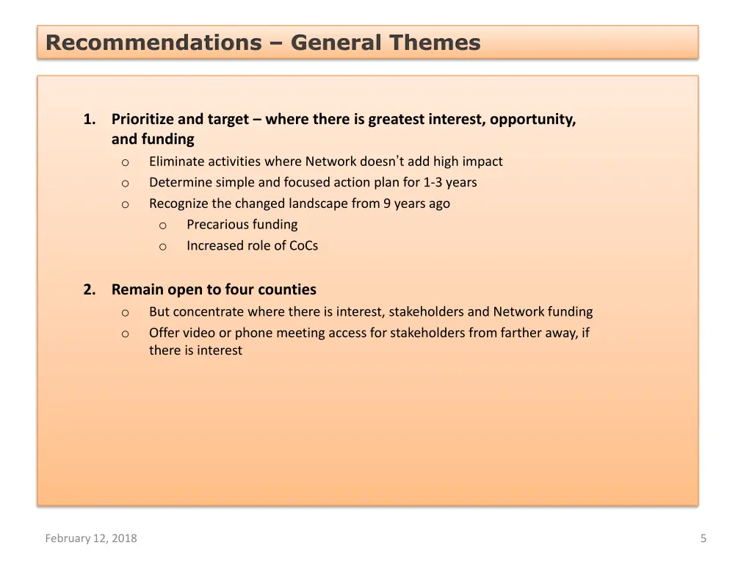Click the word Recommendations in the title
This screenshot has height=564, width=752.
coord(153,43)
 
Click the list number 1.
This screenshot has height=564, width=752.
coord(89,119)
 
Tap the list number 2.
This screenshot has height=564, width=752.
coord(89,289)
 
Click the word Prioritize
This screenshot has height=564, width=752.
coord(142,119)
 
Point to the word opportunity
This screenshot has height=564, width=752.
coord(532,119)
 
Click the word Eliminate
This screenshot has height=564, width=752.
coord(176,162)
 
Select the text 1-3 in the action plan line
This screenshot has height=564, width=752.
coord(433,182)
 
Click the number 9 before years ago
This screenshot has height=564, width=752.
coord(387,203)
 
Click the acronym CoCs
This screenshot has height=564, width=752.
coord(303,246)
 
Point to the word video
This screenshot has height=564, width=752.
coord(199,333)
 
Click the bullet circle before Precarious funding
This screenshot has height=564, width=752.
coord(163,225)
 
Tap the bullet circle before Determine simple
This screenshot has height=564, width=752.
coord(126,184)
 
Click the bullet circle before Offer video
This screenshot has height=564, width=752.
coord(126,334)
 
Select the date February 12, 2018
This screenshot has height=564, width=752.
coord(91,538)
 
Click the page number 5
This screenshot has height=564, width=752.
coord(703,538)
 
